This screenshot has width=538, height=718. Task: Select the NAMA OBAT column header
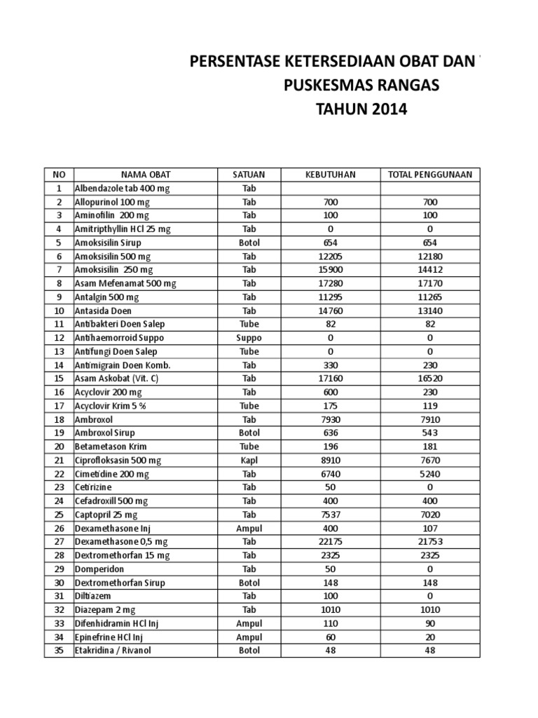(x=146, y=175)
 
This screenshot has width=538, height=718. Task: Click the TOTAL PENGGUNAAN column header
(x=429, y=175)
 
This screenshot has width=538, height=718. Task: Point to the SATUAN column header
(x=249, y=175)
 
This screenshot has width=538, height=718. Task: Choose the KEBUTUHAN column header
(x=331, y=175)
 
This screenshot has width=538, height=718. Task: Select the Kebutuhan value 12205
(x=331, y=257)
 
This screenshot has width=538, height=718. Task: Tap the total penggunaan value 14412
(x=429, y=270)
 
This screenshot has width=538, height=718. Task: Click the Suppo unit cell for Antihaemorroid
(x=249, y=338)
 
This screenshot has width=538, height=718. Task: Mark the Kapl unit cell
(x=249, y=460)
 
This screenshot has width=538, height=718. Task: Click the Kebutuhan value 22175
(x=331, y=541)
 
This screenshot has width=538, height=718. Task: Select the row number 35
(x=59, y=650)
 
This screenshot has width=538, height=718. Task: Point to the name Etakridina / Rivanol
(x=113, y=650)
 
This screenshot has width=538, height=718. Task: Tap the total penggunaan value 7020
(x=429, y=514)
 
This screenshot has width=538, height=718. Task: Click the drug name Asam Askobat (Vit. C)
(x=119, y=379)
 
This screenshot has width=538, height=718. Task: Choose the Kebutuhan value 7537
(x=331, y=514)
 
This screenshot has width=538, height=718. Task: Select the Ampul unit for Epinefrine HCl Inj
(x=249, y=637)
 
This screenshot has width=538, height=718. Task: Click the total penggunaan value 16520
(x=429, y=379)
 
